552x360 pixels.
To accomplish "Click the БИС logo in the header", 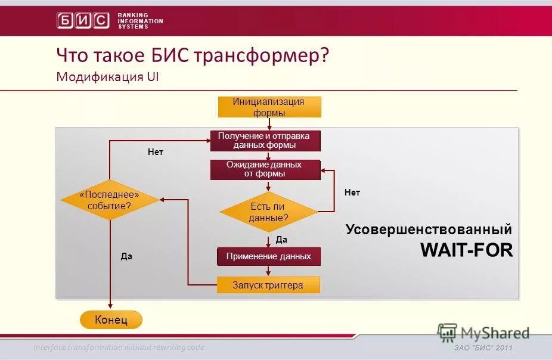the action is click(83, 20).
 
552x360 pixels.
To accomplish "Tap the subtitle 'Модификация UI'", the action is click(108, 77).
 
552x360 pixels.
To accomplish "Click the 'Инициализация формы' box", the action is click(269, 107).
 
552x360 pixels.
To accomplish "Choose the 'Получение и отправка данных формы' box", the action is click(265, 141).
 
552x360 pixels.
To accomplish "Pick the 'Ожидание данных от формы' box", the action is click(265, 169).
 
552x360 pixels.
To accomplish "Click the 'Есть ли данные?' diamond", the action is click(268, 212).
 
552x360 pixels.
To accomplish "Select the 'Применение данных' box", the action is click(268, 256).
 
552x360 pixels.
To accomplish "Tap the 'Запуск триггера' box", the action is click(268, 285).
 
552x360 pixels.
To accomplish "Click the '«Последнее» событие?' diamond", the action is click(110, 200).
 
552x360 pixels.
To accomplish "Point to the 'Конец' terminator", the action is click(111, 320).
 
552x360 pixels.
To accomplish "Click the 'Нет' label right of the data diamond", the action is click(352, 193).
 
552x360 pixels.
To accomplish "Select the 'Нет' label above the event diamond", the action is click(155, 152).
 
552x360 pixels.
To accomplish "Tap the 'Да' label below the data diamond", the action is click(282, 240).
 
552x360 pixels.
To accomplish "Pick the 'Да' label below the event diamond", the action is click(126, 256).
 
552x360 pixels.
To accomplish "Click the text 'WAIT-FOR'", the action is click(466, 250).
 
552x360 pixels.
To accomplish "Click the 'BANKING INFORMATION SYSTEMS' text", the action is click(140, 21).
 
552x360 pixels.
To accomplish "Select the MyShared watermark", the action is click(483, 333).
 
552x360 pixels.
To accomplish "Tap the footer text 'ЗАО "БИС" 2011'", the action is click(483, 348).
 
